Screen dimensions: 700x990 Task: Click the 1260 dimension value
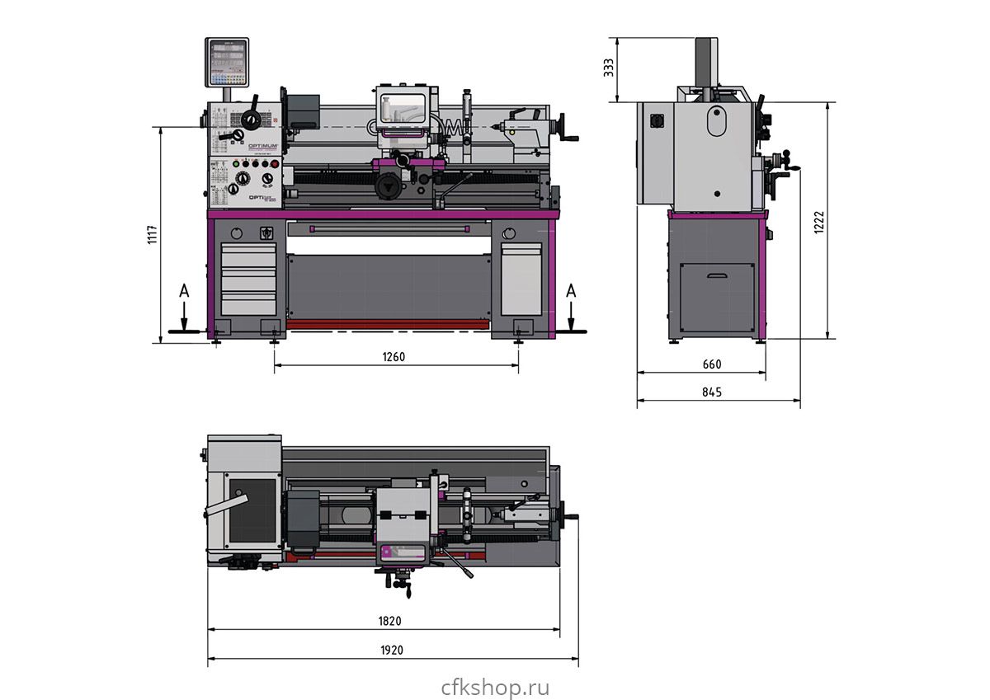[x=394, y=357]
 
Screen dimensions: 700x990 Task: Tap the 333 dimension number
[x=609, y=68]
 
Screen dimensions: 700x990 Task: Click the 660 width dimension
[x=711, y=364]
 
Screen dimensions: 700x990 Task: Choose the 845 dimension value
[x=711, y=392]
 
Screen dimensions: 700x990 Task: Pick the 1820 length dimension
[x=391, y=621]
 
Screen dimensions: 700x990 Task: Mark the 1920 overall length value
[x=391, y=650]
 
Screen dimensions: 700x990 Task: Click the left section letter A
[x=184, y=291]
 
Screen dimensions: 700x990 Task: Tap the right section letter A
[x=571, y=291]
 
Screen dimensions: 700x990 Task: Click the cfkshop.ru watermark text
[x=495, y=687]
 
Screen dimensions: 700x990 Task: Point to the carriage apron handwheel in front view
[x=387, y=186]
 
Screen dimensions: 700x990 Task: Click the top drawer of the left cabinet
[x=247, y=255]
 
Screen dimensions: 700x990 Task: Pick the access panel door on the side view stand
[x=717, y=298]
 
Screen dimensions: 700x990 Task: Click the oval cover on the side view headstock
[x=715, y=121]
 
